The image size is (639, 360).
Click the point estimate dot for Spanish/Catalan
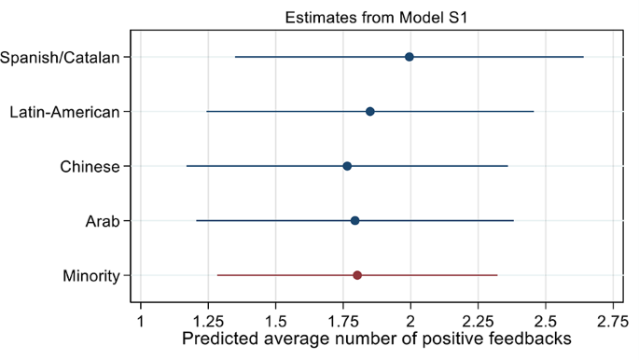[x=410, y=57]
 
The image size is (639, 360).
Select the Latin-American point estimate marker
[x=370, y=112]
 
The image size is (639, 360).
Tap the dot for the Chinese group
[x=347, y=166]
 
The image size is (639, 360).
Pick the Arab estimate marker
[x=355, y=221]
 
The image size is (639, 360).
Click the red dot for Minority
[x=357, y=275]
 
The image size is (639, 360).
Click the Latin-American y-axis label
[x=64, y=112]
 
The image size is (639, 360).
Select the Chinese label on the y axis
[x=90, y=167]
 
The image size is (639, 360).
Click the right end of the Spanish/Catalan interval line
[x=583, y=57]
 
